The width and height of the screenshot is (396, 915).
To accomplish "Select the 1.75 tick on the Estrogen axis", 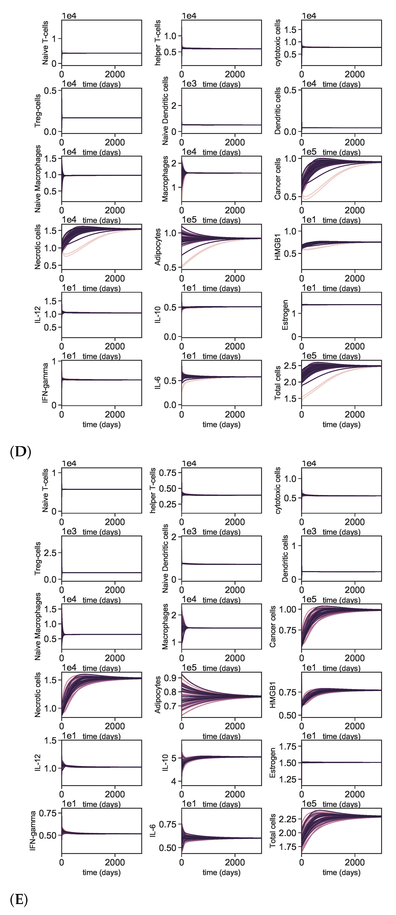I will point(288,746).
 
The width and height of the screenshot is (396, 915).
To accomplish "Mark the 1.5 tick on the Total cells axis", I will point(290,399).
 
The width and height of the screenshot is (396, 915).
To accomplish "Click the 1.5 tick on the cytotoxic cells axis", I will point(290,30).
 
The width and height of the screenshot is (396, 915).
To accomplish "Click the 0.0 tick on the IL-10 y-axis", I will point(170,337).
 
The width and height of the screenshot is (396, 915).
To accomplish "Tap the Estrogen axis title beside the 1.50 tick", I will point(273,763).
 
